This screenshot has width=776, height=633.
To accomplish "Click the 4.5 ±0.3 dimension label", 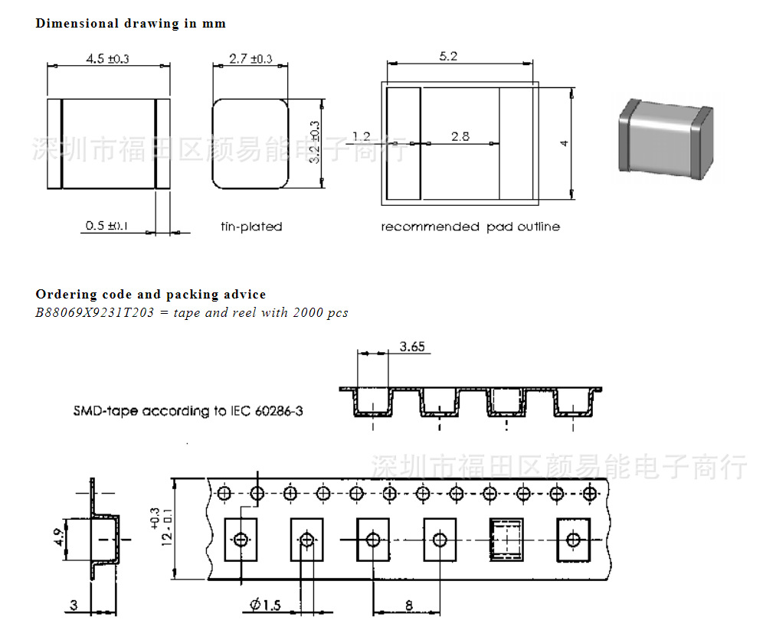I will click(x=108, y=59).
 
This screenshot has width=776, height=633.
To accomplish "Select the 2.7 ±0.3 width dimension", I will click(x=250, y=59).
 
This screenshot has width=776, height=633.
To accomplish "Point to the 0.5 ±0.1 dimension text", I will click(x=107, y=226).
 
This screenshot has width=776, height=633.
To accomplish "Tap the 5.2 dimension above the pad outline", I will click(x=448, y=56).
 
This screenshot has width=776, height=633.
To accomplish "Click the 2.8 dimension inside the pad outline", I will click(x=460, y=137).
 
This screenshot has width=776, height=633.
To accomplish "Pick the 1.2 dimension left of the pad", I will click(x=362, y=137).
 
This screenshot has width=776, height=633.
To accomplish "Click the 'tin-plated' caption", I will click(x=251, y=227).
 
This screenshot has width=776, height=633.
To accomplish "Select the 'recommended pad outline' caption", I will click(x=470, y=227).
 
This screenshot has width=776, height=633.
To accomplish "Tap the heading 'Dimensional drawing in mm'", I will click(x=131, y=23).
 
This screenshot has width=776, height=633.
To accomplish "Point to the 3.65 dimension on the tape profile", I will click(x=412, y=347).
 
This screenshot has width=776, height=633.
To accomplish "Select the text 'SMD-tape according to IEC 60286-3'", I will click(x=188, y=411).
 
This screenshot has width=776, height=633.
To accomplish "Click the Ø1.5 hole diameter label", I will click(x=265, y=605).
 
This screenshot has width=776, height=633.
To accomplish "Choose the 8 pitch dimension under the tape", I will click(x=408, y=605).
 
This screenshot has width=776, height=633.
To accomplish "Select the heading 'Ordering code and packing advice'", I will click(x=151, y=294).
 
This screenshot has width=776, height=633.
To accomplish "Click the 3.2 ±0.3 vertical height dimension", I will click(x=315, y=143).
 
